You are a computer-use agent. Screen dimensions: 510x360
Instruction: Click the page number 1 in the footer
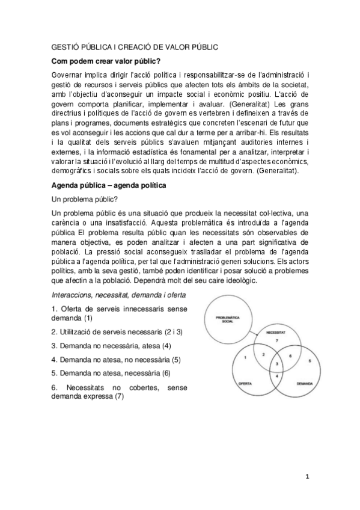click(x=307, y=477)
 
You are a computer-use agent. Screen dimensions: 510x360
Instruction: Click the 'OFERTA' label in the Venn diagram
click(x=245, y=382)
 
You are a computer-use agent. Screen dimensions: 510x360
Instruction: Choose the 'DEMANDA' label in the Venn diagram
click(x=305, y=382)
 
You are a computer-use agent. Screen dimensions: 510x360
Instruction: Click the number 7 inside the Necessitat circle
click(x=276, y=341)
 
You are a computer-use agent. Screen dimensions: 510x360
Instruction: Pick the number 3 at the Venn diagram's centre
click(x=276, y=364)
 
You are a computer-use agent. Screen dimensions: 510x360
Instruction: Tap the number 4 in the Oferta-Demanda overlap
click(x=276, y=376)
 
